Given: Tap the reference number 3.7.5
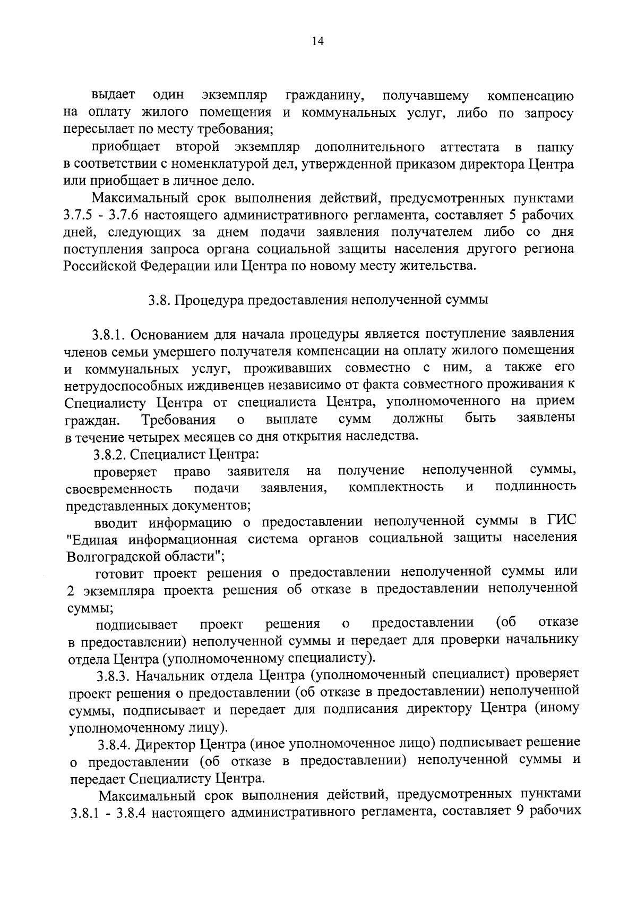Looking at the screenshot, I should tap(79, 216).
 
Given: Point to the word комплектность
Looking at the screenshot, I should tap(396, 487).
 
